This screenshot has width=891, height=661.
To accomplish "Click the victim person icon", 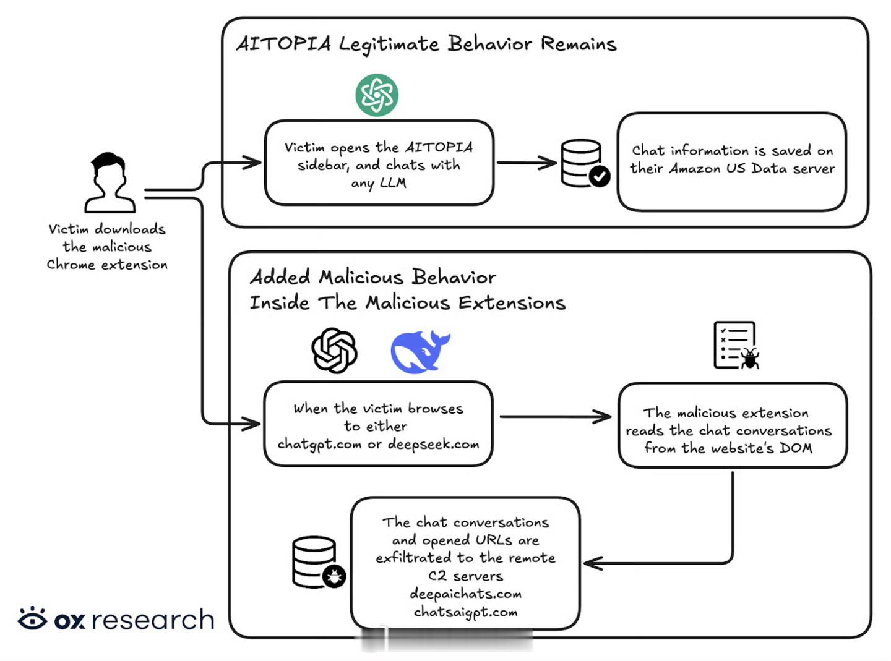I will pos(110,183).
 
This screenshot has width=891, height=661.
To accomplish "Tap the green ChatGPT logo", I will pos(377,95).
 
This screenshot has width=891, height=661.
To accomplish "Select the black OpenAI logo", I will pos(334,351).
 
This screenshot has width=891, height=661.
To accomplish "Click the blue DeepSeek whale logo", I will pos(419,351).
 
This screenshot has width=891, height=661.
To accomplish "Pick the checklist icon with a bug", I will pos(736,345).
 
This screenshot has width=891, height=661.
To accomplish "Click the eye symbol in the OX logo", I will pos(32,618).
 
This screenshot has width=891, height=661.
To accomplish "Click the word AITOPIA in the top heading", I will pos(283,44).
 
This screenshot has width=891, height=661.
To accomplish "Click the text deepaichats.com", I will pos(465,594).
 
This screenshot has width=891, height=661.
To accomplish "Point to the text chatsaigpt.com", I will pos(465,612).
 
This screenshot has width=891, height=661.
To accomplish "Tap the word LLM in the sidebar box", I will pos(393,183).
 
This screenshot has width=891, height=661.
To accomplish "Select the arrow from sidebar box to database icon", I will pos(527,163).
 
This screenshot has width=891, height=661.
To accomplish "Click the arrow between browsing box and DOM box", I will pos(555,417).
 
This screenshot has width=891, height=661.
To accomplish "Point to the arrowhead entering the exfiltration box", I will pos(593,563).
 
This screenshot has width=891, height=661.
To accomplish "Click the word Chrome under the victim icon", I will pos(71,265).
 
